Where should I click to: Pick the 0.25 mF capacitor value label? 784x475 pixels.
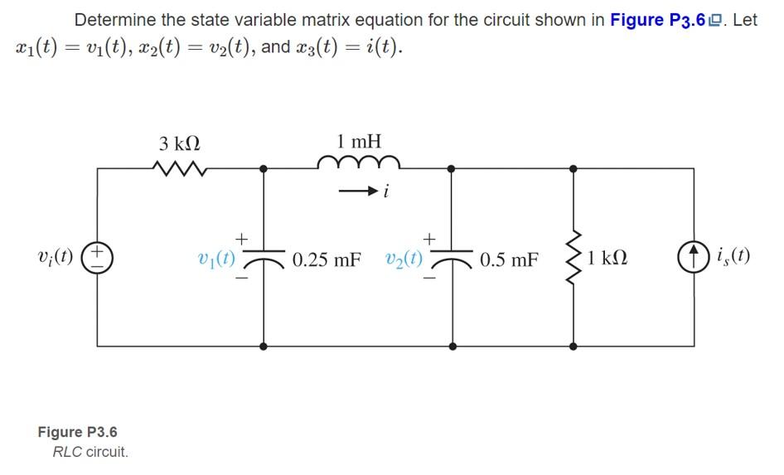tap(327, 260)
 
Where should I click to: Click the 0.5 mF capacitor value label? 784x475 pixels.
tap(510, 260)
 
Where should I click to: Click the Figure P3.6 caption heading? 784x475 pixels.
tap(78, 432)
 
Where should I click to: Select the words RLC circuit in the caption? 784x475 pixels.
tap(90, 452)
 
